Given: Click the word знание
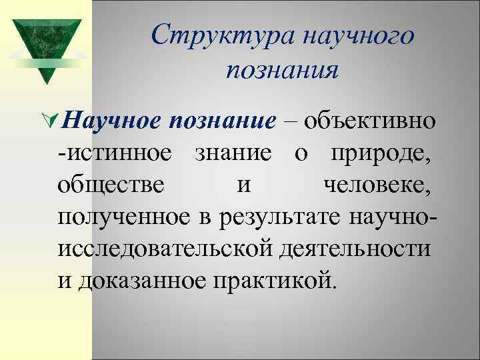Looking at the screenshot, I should pyautogui.click(x=233, y=154).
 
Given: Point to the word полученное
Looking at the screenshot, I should pyautogui.click(x=123, y=217).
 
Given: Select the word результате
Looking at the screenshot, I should pyautogui.click(x=265, y=217).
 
